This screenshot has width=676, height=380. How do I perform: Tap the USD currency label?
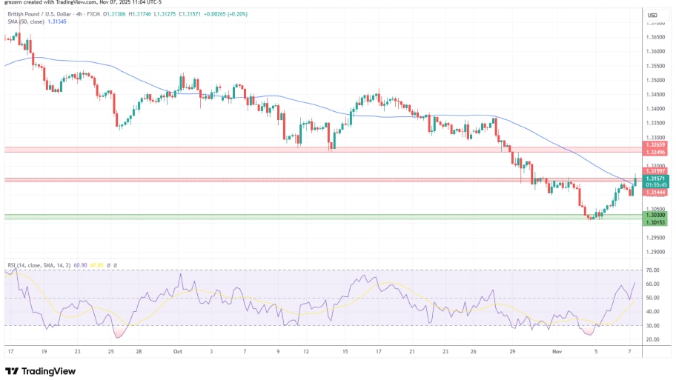point(653,15)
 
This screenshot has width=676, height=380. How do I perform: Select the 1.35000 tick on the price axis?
point(655,80)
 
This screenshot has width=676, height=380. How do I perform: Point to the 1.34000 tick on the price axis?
point(655,109)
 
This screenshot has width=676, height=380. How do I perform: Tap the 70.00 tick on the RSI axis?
point(652,270)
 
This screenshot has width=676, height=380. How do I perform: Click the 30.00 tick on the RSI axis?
point(652,326)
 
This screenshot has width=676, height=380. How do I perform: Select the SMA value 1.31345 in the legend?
point(56,21)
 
